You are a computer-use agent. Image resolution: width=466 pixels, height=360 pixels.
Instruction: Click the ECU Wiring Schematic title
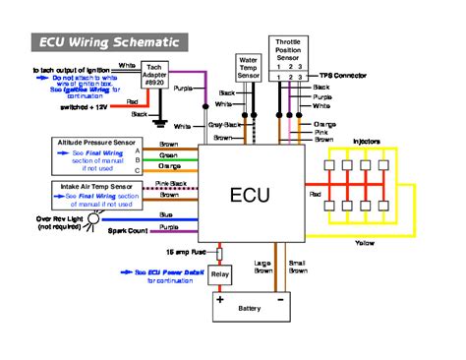(109, 42)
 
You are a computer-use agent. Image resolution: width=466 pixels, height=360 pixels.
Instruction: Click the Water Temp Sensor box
(249, 69)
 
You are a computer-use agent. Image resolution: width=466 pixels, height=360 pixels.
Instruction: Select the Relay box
(221, 274)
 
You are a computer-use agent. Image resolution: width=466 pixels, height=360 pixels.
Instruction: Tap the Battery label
(251, 310)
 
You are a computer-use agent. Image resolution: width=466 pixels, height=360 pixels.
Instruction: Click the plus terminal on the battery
(221, 297)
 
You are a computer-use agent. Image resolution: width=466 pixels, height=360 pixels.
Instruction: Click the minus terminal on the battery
(281, 297)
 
